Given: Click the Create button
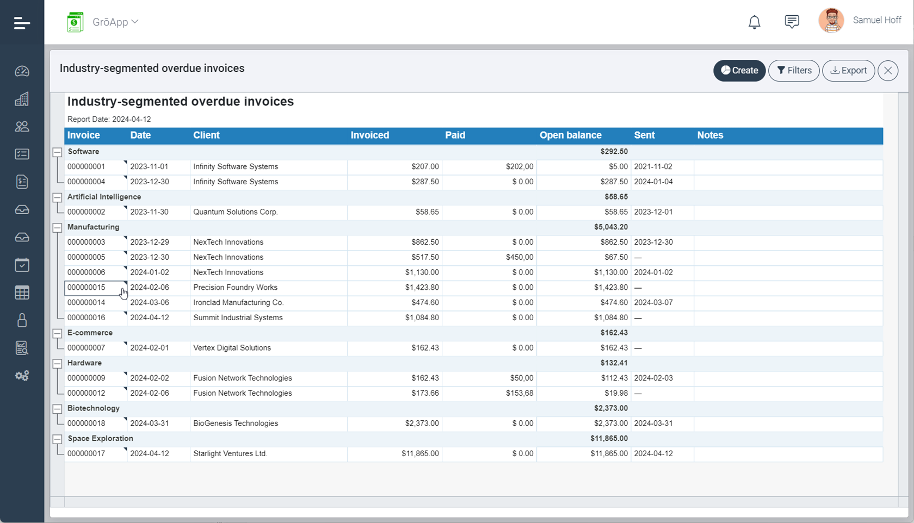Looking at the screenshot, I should [739, 71].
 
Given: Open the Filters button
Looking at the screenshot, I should [794, 71].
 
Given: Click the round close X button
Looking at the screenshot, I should [888, 71].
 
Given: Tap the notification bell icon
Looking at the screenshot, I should [754, 22].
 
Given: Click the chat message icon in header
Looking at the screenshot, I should [792, 22].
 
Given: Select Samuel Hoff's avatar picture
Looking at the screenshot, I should [831, 21].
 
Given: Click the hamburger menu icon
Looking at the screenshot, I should [22, 23].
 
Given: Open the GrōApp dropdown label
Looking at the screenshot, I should [115, 22].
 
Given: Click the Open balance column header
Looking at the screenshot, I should [570, 135].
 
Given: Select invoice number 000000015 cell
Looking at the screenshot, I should [87, 288].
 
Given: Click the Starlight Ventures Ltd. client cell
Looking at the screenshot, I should [230, 453].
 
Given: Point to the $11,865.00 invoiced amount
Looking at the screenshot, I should [420, 453].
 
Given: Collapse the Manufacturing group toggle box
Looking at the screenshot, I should [57, 228].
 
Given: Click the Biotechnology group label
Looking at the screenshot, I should [94, 408].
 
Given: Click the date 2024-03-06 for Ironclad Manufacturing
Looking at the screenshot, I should [150, 302].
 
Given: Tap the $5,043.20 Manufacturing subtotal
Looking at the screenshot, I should [610, 227].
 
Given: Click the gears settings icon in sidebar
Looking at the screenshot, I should [22, 376].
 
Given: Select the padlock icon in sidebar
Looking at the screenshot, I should [22, 320].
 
